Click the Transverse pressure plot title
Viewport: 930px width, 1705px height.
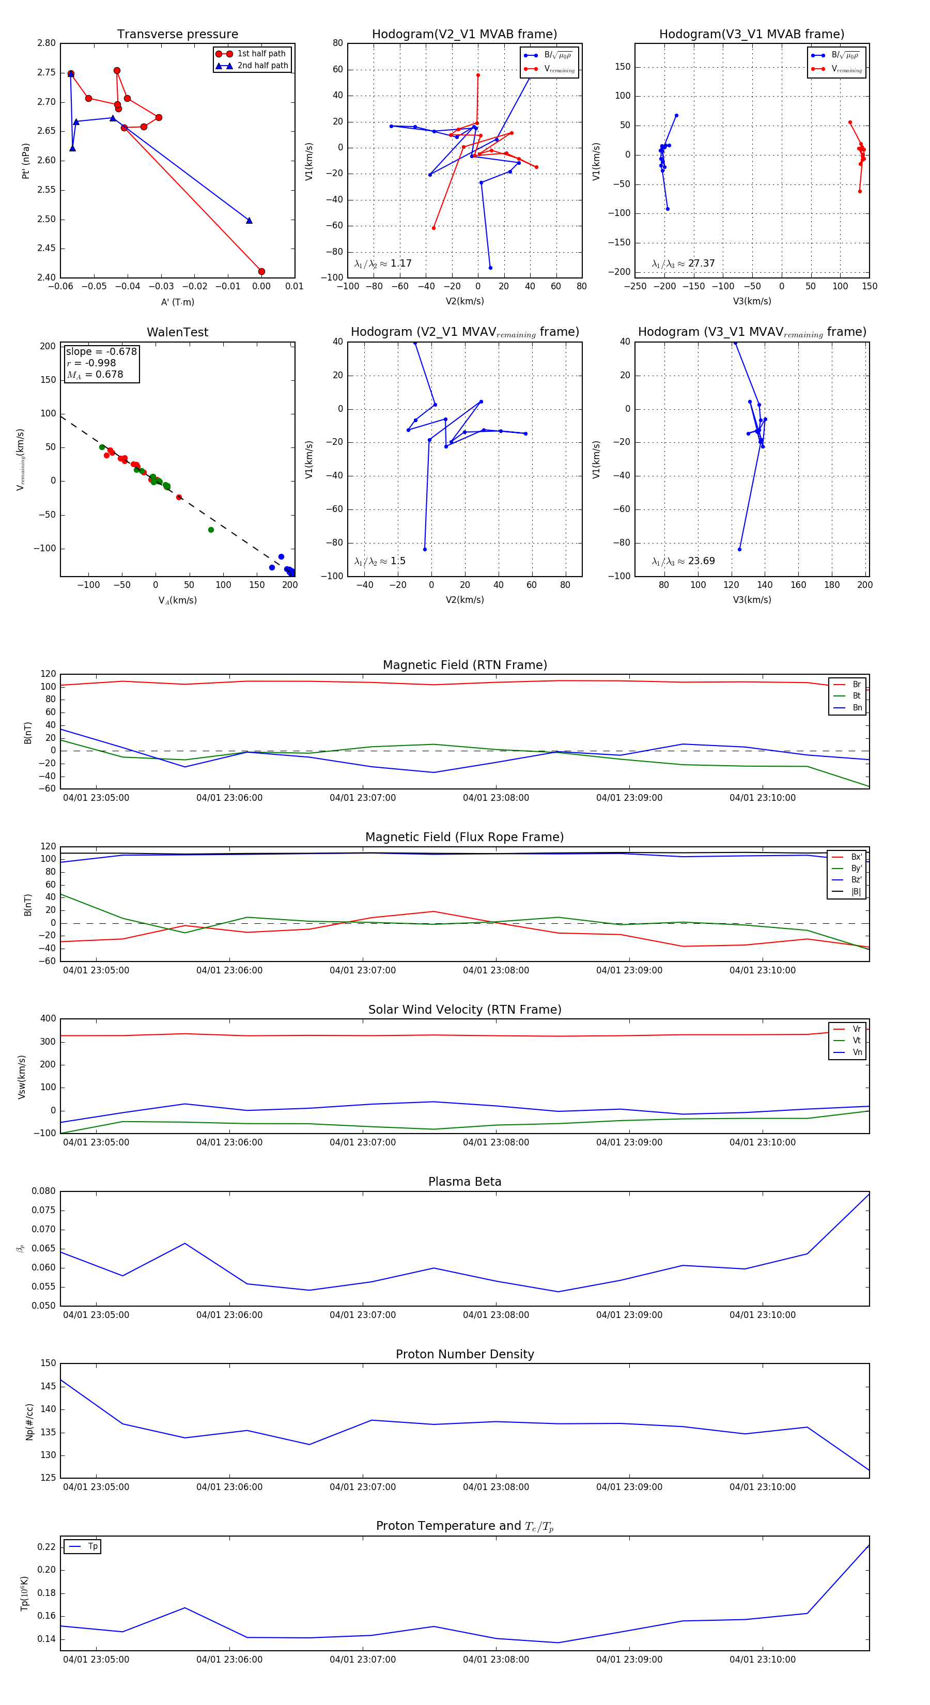177,35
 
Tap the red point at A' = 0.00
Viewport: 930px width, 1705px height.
261,271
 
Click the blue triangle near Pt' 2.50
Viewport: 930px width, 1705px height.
249,221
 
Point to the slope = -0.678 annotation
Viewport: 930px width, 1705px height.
101,351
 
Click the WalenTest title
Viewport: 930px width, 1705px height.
177,332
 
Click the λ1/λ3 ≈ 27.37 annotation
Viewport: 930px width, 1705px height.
683,263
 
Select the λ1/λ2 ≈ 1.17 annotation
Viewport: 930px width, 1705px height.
382,263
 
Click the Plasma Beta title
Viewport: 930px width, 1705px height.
464,1182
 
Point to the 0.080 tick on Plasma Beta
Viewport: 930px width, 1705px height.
44,1191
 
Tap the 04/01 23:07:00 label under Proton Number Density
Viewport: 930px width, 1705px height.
363,1486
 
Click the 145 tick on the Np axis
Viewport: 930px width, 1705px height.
49,1386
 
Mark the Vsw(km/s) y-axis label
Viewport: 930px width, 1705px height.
22,1077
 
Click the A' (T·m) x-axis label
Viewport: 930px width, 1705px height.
177,302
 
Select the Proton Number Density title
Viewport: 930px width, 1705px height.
464,1354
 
